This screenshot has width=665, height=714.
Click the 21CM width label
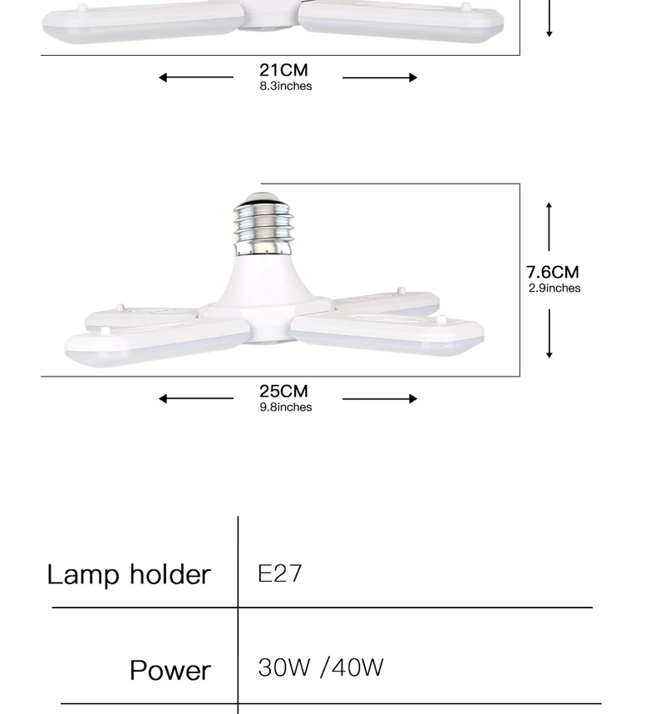pyautogui.click(x=283, y=70)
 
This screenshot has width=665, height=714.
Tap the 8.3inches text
pyautogui.click(x=285, y=86)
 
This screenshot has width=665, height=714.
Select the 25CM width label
pyautogui.click(x=283, y=391)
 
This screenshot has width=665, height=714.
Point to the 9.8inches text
pyautogui.click(x=285, y=407)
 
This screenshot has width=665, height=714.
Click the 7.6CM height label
pyautogui.click(x=552, y=272)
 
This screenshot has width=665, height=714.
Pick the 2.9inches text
pyautogui.click(x=554, y=288)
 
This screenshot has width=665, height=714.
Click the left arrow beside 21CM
pyautogui.click(x=195, y=77)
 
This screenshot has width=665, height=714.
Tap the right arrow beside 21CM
pyautogui.click(x=380, y=77)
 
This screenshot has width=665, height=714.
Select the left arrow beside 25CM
pyautogui.click(x=195, y=398)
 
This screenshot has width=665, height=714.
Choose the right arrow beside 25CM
pyautogui.click(x=380, y=398)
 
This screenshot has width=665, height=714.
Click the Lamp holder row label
pyautogui.click(x=129, y=574)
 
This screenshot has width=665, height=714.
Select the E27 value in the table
pyautogui.click(x=280, y=574)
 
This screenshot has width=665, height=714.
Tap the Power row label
pyautogui.click(x=170, y=670)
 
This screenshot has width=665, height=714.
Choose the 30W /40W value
pyautogui.click(x=321, y=667)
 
